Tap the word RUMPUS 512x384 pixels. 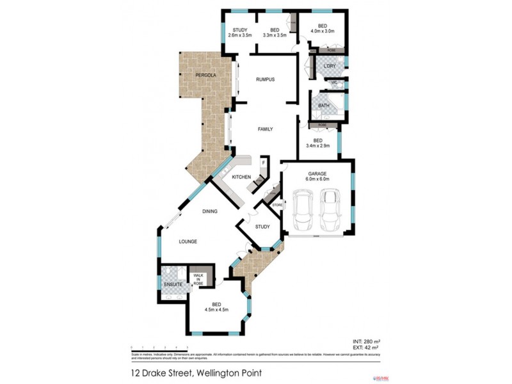coord(265,79)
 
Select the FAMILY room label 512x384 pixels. coord(265,129)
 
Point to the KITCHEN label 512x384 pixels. coord(241,177)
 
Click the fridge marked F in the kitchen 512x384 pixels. coord(262,163)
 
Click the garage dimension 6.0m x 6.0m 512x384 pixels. coord(317,179)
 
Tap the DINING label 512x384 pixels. coord(210,211)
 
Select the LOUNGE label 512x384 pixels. coord(188,241)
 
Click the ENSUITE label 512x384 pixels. coord(173,284)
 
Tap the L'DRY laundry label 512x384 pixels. coord(330,67)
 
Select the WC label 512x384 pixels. coord(333,83)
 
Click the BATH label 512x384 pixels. coord(324,105)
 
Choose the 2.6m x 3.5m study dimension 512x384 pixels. coord(240,35)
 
